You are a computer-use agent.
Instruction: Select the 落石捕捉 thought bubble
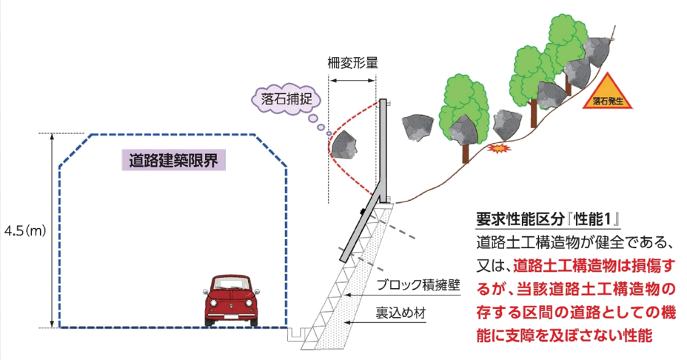point(284,98)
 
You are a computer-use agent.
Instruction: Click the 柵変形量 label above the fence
point(352,63)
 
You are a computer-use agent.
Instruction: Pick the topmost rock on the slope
point(597,49)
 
